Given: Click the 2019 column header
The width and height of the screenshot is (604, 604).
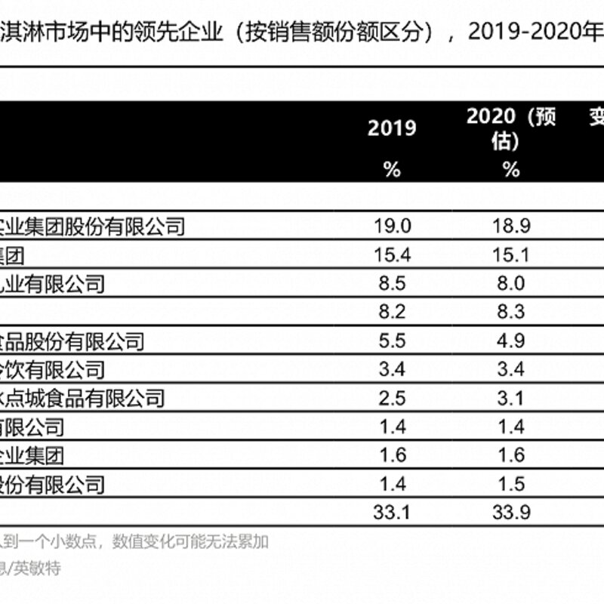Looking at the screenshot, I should (x=392, y=128).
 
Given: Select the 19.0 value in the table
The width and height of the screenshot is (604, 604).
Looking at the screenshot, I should (x=392, y=226).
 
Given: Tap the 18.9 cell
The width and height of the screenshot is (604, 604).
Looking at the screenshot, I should (x=511, y=226).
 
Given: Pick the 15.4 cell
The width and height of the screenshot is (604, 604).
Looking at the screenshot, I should (x=392, y=254).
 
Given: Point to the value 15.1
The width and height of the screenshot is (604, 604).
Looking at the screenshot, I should (x=511, y=254).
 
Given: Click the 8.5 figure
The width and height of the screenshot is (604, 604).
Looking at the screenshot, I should (x=392, y=284).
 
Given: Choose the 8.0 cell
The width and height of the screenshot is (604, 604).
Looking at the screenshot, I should (x=511, y=284).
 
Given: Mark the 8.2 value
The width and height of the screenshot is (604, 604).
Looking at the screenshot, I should (x=392, y=312).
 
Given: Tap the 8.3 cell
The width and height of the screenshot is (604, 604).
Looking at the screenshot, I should (x=511, y=312).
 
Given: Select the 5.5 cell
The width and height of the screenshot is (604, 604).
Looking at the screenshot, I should (x=392, y=341).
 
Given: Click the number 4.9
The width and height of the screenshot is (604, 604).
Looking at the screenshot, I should (x=511, y=341).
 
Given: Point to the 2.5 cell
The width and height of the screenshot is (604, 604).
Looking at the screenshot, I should (x=392, y=398).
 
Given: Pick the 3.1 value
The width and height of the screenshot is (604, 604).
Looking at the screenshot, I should (x=511, y=398).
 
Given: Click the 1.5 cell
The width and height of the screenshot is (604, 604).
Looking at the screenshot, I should (x=511, y=484).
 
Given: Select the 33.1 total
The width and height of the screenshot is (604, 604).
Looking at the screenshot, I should (x=392, y=513).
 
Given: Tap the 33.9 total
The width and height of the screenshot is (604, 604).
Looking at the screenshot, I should (x=511, y=513).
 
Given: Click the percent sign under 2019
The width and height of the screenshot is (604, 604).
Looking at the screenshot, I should (x=392, y=170).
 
